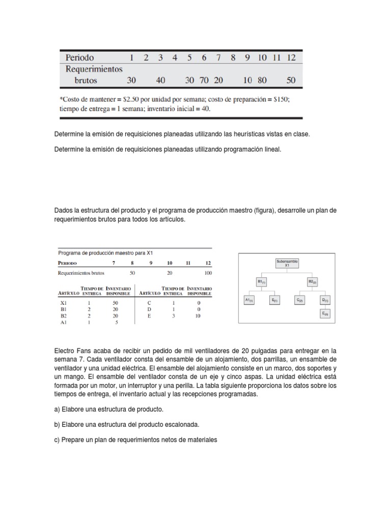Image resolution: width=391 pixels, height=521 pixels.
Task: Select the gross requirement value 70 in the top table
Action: [x=204, y=80]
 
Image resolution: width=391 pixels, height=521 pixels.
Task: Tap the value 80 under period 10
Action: [x=262, y=80]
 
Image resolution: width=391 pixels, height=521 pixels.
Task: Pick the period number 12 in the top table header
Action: [x=291, y=57]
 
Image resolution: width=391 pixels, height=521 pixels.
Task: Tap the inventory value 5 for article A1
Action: [x=117, y=322]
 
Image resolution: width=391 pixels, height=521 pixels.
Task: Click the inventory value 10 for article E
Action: [x=198, y=315]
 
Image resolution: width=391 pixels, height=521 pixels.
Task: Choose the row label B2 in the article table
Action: [x=63, y=315]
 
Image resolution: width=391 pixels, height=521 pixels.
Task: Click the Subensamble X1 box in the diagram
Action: [x=287, y=263]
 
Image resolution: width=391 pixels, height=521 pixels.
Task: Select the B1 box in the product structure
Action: [x=262, y=281]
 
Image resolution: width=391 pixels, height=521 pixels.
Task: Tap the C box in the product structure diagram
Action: [x=300, y=300]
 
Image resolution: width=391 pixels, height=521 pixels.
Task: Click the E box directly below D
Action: [x=324, y=314]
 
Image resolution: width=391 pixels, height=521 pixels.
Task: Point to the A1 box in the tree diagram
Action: [x=248, y=300]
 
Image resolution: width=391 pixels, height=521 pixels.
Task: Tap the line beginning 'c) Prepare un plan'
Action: [x=135, y=440]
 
